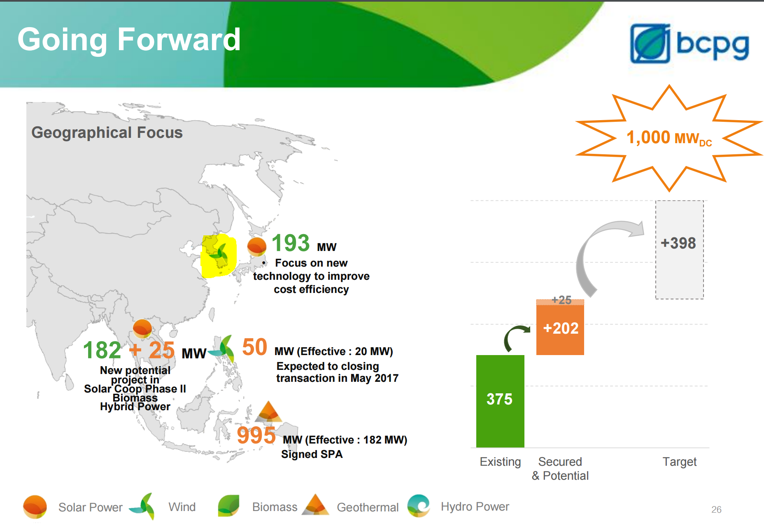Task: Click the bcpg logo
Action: tap(689, 44)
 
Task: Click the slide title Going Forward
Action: tap(129, 39)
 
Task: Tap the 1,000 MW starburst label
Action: tap(669, 138)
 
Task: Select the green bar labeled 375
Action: tap(500, 401)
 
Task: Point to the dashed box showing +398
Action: tap(679, 250)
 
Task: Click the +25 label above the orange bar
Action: tap(561, 300)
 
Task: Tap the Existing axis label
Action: tap(500, 462)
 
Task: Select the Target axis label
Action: tap(679, 462)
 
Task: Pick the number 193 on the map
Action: tap(291, 243)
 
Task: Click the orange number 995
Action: tap(256, 435)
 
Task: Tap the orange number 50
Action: tap(254, 347)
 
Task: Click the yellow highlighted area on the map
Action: tap(219, 256)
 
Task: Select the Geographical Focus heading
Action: tap(107, 132)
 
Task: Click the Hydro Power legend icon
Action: tap(419, 506)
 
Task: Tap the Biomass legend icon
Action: tap(228, 506)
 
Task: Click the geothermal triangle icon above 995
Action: tap(268, 411)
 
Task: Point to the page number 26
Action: tap(716, 509)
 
